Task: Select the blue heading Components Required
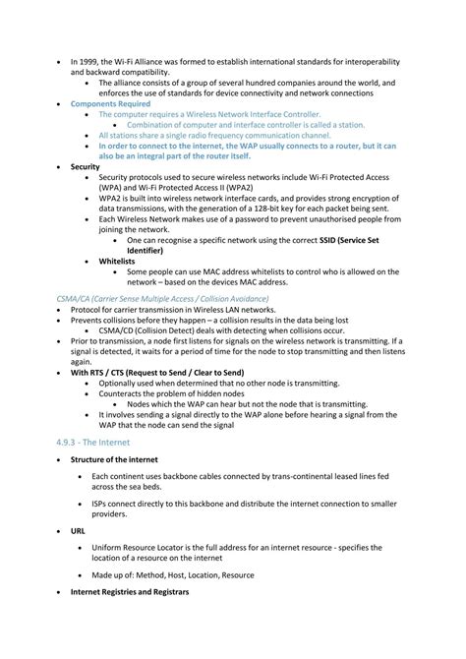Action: click(x=110, y=103)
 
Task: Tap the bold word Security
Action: click(x=86, y=167)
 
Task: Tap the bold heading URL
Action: click(x=79, y=531)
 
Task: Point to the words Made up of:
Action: click(x=113, y=573)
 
